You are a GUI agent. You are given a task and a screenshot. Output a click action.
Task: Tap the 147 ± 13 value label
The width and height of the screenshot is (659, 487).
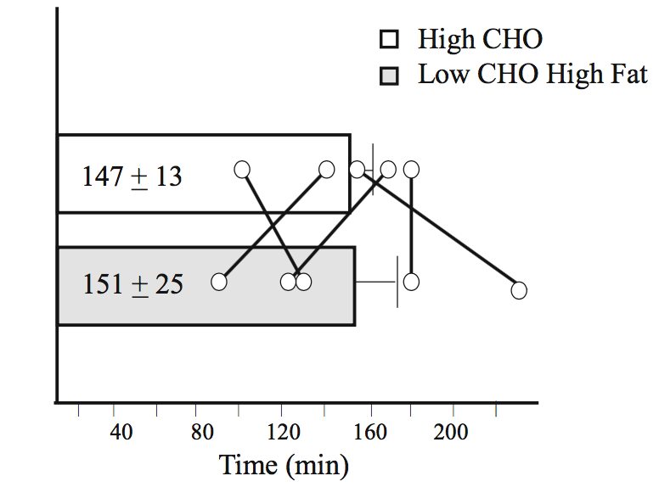tap(132, 176)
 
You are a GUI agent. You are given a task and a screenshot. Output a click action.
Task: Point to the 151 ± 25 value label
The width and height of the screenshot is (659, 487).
tap(132, 283)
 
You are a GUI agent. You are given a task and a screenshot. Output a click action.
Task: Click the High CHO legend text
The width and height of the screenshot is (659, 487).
tap(480, 39)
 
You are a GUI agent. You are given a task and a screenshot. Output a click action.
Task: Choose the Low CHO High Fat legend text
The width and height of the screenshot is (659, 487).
tap(532, 75)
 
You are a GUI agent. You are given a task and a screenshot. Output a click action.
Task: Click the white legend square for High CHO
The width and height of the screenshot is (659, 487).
tap(390, 40)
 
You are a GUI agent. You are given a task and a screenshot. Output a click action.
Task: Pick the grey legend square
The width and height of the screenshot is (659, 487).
tap(390, 76)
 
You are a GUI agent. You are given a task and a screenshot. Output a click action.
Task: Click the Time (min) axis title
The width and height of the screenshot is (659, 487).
tap(284, 465)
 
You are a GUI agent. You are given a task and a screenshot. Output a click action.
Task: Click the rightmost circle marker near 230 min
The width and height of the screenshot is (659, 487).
tap(519, 290)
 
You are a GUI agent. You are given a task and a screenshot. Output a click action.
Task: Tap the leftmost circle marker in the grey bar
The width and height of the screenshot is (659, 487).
tap(221, 282)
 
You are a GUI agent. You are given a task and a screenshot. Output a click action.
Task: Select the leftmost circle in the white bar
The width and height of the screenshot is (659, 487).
tap(242, 170)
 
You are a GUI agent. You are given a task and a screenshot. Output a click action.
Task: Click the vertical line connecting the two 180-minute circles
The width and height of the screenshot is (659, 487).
tap(411, 225)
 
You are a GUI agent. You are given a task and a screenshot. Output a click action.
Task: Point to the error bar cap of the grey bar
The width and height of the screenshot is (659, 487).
tap(397, 282)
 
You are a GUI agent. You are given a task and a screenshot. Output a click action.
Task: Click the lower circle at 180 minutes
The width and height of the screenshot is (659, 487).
tap(411, 282)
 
